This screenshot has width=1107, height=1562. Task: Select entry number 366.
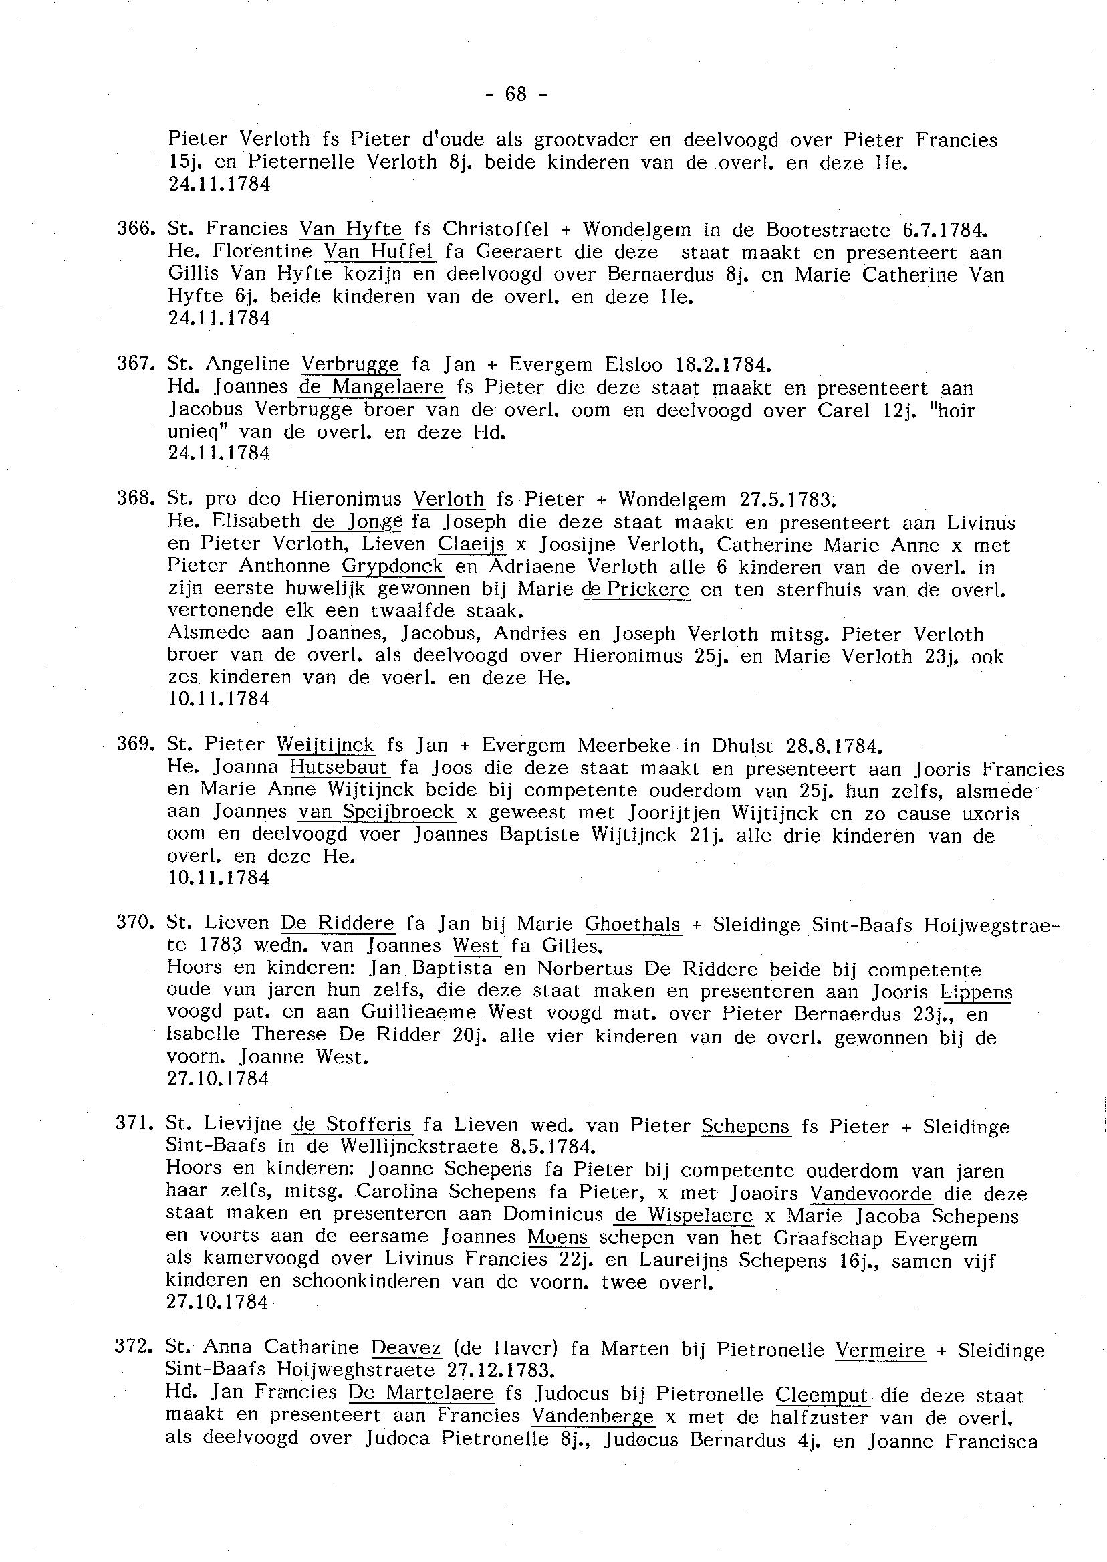pos(136,229)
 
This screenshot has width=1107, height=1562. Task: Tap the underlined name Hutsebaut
pos(340,767)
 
